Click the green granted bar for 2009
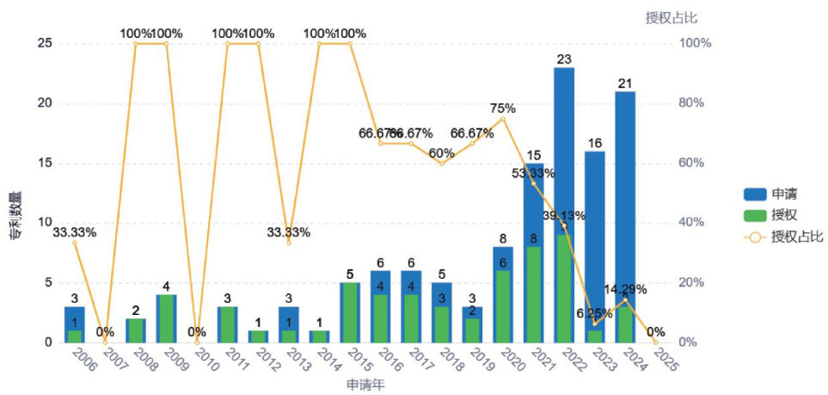click(166, 318)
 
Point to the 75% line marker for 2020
click(503, 119)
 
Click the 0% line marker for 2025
click(656, 342)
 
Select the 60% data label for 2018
click(441, 153)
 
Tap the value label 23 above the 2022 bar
click(564, 59)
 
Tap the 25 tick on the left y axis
click(44, 43)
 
